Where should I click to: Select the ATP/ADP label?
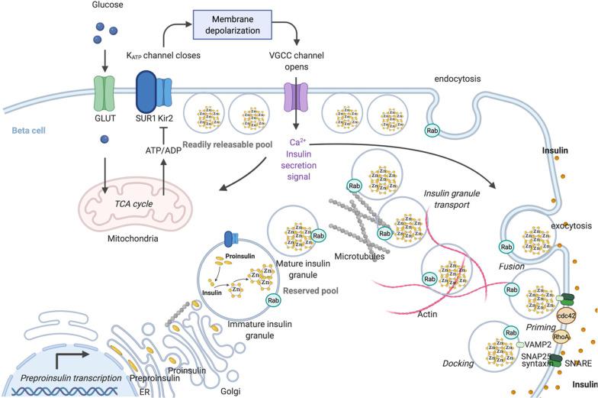click(162, 150)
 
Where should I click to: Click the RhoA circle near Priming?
click(561, 337)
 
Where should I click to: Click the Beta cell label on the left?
click(29, 131)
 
